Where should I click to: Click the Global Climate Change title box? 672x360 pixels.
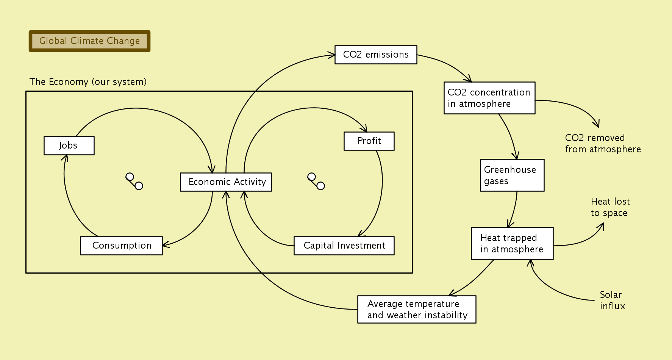click(x=89, y=41)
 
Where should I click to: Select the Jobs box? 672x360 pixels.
click(x=69, y=146)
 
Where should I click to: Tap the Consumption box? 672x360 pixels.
click(x=121, y=246)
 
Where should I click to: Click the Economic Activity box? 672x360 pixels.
click(x=226, y=182)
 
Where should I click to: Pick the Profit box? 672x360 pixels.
click(x=369, y=141)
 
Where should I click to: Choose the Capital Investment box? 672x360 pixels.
click(x=344, y=246)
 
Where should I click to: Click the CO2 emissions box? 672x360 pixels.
click(x=376, y=55)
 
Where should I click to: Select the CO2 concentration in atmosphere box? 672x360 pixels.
click(x=489, y=98)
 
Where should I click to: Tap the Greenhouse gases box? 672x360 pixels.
click(x=512, y=175)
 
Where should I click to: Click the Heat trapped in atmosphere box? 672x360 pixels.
click(x=512, y=243)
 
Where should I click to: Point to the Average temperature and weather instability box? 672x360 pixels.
click(x=417, y=309)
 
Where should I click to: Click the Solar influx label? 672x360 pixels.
click(x=612, y=300)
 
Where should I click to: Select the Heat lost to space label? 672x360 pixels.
click(x=610, y=207)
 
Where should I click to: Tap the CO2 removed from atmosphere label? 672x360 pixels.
click(x=603, y=143)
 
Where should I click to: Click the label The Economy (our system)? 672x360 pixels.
click(x=88, y=81)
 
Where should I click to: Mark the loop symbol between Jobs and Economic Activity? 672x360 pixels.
click(x=134, y=181)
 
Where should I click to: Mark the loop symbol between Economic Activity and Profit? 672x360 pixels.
click(x=316, y=181)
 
